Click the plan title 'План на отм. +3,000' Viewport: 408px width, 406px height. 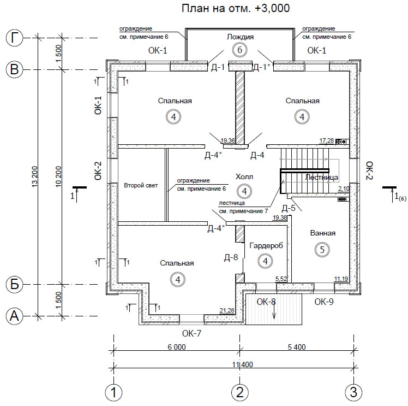tap(236, 8)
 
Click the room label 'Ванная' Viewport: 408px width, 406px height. tap(323, 233)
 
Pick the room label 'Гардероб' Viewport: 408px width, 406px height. tap(266, 246)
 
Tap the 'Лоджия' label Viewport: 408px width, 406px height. tap(240, 37)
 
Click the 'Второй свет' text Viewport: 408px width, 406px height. tap(141, 186)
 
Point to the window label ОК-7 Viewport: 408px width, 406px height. tap(191, 333)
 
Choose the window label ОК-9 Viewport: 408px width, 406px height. tap(323, 302)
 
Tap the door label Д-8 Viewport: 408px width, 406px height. tap(231, 257)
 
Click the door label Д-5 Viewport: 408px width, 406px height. tap(289, 208)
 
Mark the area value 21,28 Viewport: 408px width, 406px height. tap(227, 310)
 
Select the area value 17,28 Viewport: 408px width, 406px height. tap(327, 141)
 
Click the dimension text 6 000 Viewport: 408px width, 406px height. tap(177, 347)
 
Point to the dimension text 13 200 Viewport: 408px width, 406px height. tap(34, 176)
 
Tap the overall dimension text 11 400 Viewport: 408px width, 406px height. tap(243, 364)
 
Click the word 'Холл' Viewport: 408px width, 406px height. tap(244, 177)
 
